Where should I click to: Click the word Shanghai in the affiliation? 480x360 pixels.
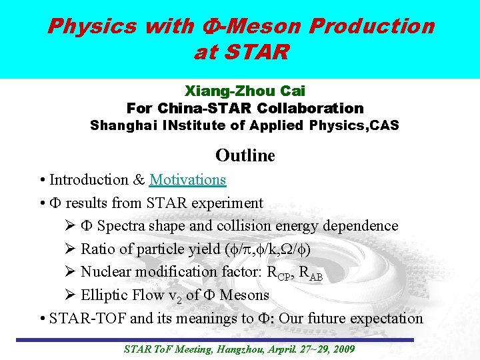[x=122, y=125]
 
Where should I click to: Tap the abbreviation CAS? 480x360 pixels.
[x=382, y=125]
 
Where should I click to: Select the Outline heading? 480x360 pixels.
[x=245, y=155]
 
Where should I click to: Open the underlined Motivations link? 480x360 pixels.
[x=188, y=180]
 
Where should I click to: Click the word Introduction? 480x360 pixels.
[x=89, y=180]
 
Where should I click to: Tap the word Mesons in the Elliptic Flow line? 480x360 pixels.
[x=245, y=295]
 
